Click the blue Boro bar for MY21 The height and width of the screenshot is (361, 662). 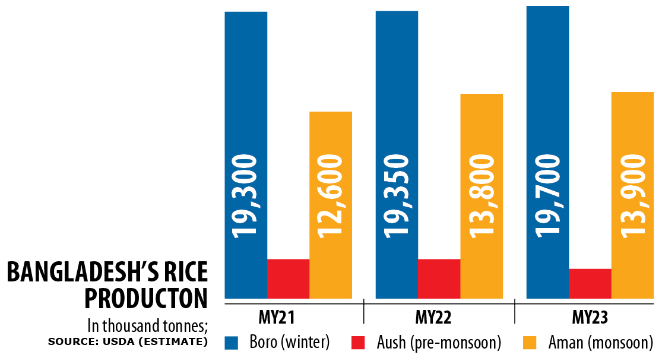tap(246, 89)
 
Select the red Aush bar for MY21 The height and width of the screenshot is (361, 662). tap(288, 278)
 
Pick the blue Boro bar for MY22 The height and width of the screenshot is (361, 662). tap(397, 89)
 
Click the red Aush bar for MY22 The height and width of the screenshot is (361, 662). tap(439, 278)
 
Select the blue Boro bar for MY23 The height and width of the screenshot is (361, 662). tap(547, 89)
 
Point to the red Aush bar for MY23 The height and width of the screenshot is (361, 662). tap(590, 283)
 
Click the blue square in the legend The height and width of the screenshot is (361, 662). tap(232, 343)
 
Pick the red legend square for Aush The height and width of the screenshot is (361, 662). tap(359, 343)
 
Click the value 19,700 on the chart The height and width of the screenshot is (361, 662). tap(547, 196)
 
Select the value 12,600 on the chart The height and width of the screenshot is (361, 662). tap(331, 196)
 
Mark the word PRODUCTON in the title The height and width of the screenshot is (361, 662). tap(146, 298)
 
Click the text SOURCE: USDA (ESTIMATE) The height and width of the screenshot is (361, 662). tap(128, 342)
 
